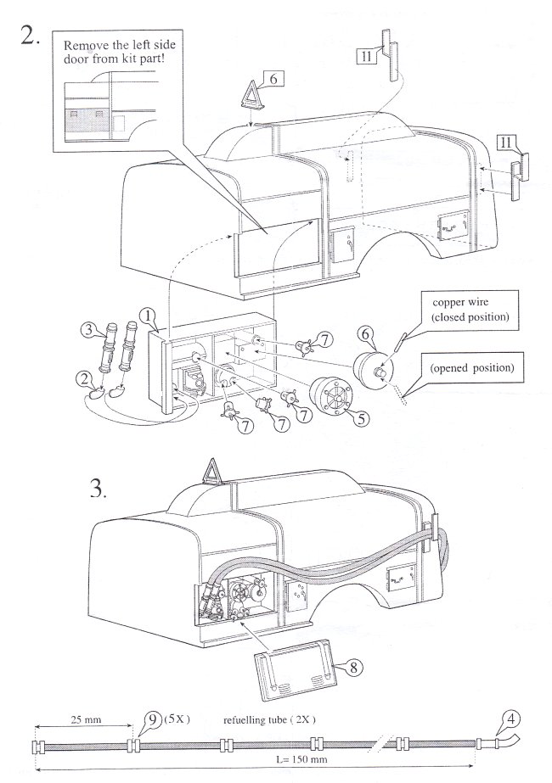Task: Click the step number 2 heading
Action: click(30, 35)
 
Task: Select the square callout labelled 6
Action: click(273, 79)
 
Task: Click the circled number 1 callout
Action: click(149, 316)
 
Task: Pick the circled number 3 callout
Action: click(89, 330)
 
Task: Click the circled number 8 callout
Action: click(353, 667)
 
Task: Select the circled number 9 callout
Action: click(153, 719)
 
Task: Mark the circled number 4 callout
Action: click(510, 719)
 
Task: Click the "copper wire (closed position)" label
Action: click(470, 310)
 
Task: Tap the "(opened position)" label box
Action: click(472, 368)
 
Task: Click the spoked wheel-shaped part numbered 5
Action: click(331, 397)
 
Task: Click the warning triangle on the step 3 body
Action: click(211, 472)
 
